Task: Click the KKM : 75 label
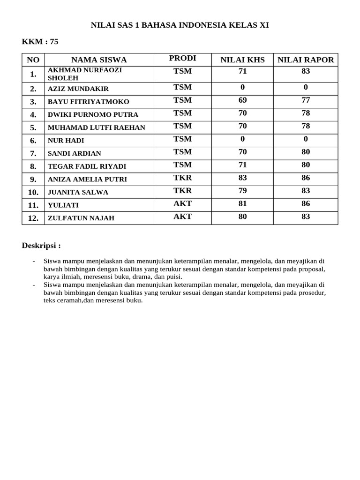(x=40, y=42)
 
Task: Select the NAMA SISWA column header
(x=99, y=60)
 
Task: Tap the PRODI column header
(x=182, y=58)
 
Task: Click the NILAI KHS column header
(x=242, y=60)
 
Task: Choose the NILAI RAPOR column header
(x=306, y=60)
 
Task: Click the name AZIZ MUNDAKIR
(x=78, y=89)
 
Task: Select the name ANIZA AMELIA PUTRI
(x=87, y=179)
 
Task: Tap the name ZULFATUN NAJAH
(x=81, y=218)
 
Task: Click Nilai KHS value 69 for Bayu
(x=242, y=100)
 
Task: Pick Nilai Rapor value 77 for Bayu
(x=306, y=100)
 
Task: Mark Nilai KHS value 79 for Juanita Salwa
(x=242, y=190)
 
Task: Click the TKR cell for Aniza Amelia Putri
(x=182, y=178)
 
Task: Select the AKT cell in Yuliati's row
(x=182, y=203)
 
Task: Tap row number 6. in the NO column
(x=33, y=140)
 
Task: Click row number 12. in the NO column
(x=33, y=218)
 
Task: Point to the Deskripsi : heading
(x=41, y=246)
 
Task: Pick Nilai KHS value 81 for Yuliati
(x=242, y=203)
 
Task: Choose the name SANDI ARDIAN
(x=75, y=153)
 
